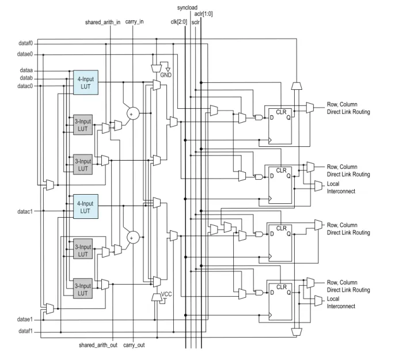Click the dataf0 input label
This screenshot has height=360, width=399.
[26, 44]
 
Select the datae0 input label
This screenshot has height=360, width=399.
[25, 54]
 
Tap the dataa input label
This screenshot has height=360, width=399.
[26, 70]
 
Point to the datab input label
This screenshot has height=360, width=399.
[26, 78]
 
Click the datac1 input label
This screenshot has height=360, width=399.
[25, 211]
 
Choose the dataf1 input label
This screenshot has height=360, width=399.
[26, 331]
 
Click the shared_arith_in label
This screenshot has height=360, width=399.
[102, 22]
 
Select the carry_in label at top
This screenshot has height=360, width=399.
[134, 22]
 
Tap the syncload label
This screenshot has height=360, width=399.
[187, 8]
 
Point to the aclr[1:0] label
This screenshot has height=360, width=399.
[204, 14]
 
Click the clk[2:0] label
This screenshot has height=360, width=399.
[179, 22]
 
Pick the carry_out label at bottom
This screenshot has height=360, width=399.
[134, 345]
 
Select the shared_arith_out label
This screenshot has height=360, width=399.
[98, 345]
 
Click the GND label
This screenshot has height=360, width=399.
[166, 75]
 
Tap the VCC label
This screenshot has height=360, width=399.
[166, 294]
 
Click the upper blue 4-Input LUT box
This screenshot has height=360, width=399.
[86, 82]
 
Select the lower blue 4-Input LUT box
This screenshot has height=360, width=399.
[86, 206]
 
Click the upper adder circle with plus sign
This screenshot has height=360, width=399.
[133, 113]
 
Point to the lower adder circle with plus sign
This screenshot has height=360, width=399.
[133, 237]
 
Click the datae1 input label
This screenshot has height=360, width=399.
[25, 319]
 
